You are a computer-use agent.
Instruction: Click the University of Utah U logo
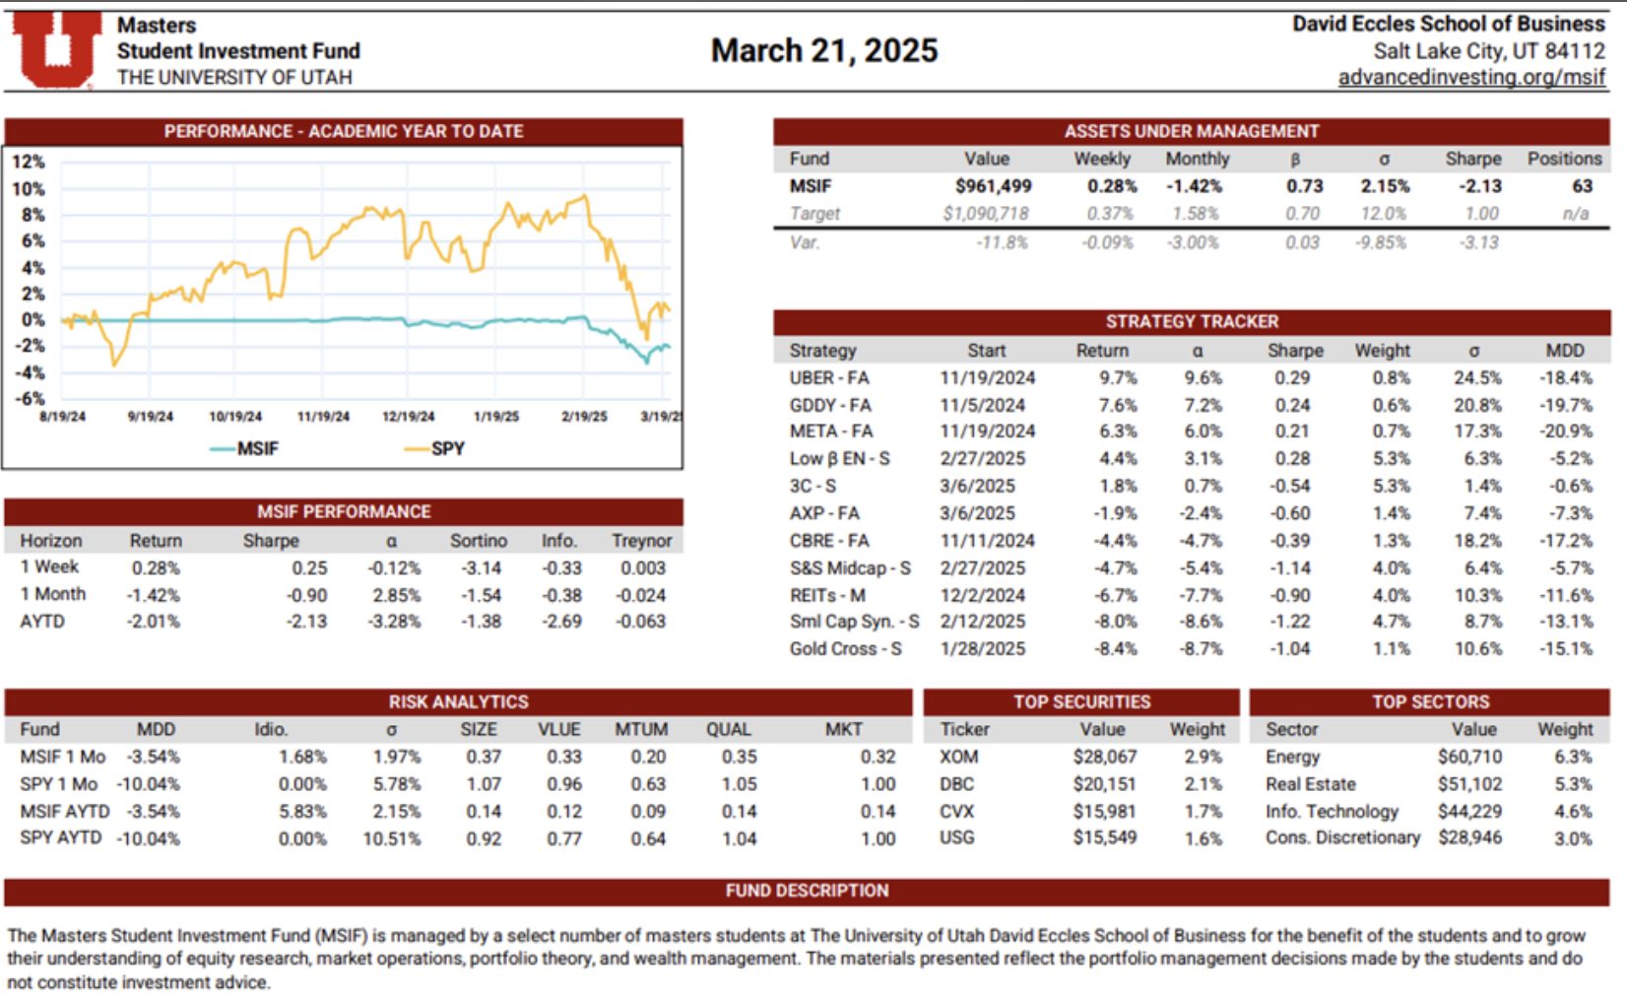56,49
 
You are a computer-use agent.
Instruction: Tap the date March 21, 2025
824,50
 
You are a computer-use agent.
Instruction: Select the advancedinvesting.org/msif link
1471,77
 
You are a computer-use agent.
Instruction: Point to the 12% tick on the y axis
29,162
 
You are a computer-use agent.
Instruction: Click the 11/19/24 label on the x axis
323,417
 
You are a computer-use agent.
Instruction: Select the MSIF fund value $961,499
993,186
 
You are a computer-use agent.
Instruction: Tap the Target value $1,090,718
985,214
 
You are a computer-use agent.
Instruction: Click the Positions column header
1564,159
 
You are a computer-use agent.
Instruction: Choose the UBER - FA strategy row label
828,378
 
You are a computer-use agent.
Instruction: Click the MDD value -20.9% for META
1566,431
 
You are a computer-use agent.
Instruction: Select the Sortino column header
478,541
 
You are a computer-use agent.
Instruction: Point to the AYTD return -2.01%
154,622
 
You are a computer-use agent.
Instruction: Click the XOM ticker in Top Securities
958,757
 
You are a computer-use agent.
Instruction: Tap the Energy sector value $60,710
1468,757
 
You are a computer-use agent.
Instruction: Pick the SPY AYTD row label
60,837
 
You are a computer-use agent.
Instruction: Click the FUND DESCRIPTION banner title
807,891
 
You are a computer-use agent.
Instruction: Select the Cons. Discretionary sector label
1342,837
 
